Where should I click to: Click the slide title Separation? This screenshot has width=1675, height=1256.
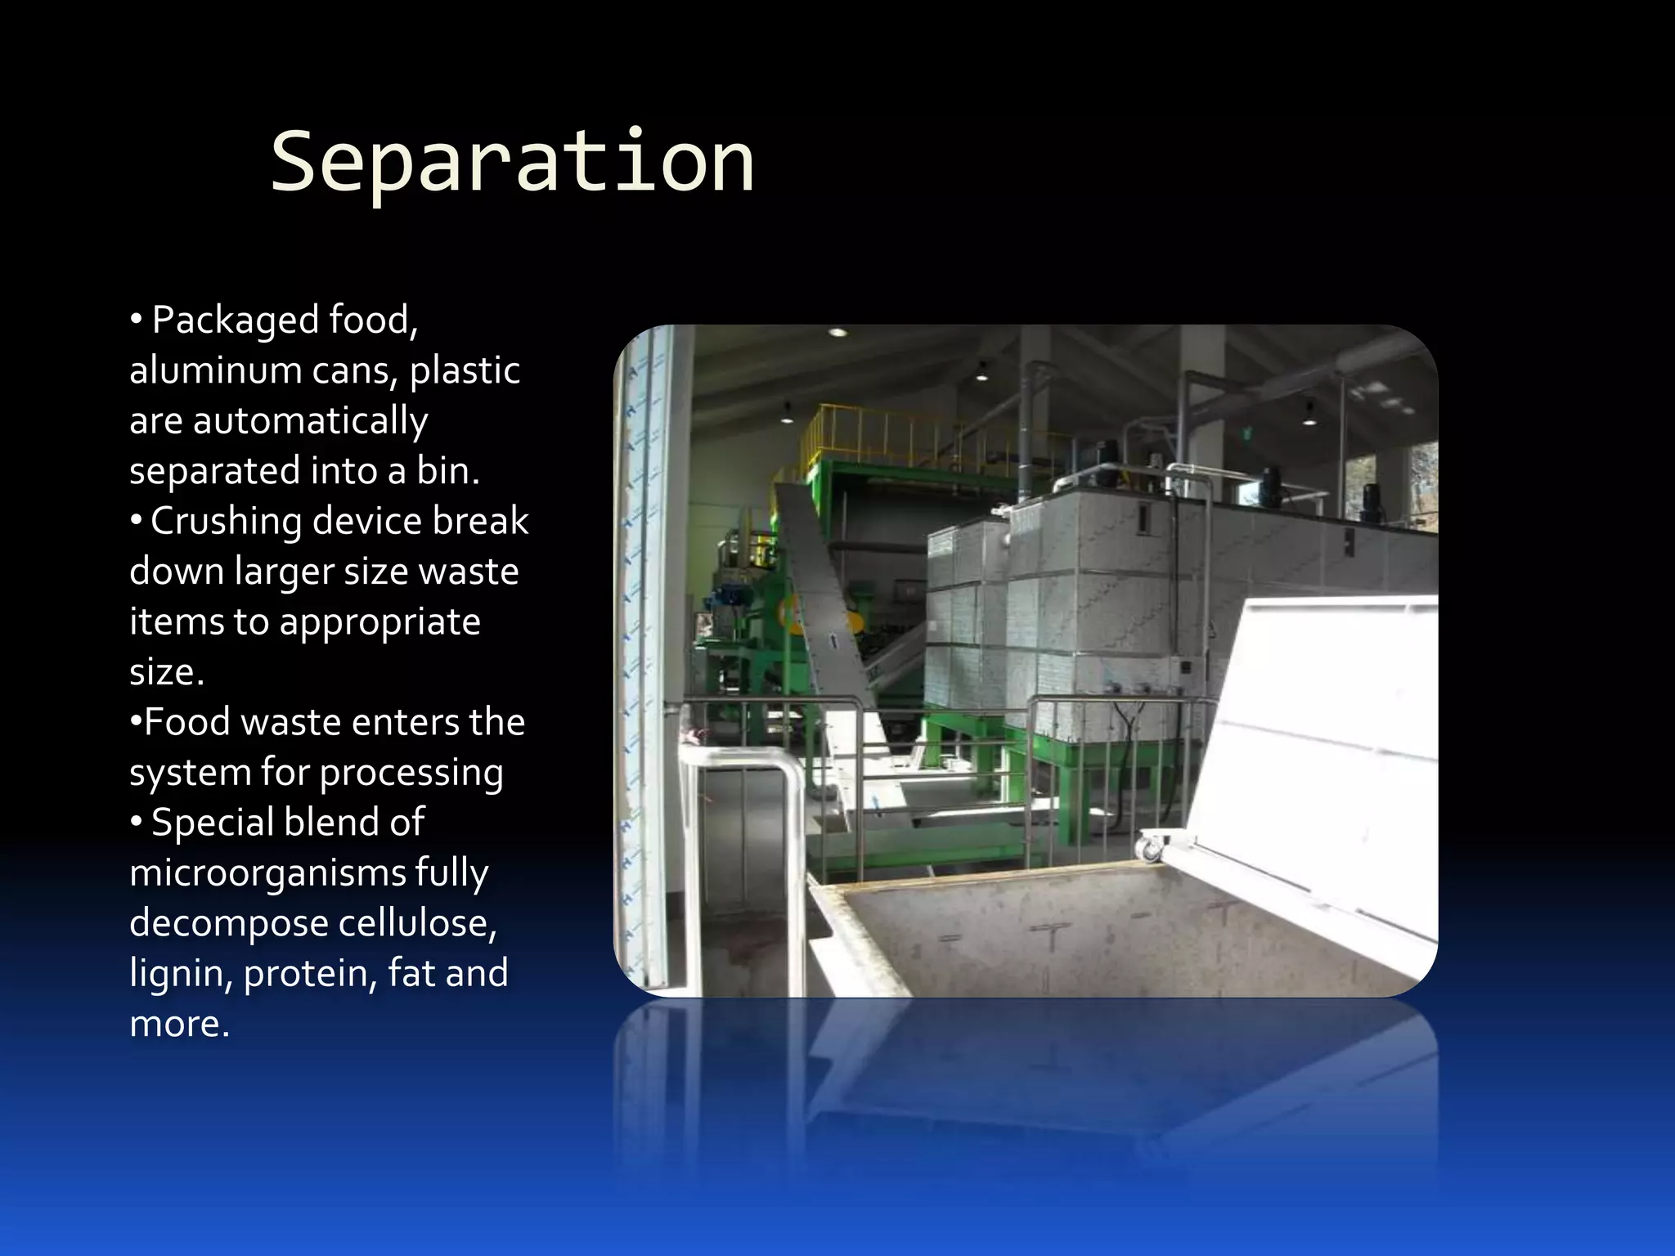[x=512, y=162]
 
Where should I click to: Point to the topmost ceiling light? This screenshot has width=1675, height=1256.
[x=837, y=332]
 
